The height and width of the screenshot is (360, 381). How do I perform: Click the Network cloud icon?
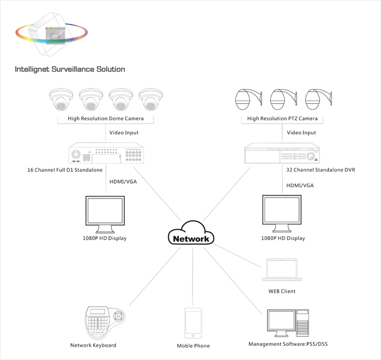click(x=192, y=236)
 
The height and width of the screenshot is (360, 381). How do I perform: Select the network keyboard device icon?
click(x=106, y=321)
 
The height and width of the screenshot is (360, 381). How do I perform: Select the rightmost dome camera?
click(x=150, y=100)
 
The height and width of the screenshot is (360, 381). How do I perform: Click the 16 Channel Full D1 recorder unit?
click(x=106, y=155)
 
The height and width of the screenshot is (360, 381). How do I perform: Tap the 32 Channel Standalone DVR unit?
click(x=282, y=155)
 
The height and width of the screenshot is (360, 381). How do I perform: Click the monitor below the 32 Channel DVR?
click(x=283, y=213)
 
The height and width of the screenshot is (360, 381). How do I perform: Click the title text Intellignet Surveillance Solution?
click(x=70, y=69)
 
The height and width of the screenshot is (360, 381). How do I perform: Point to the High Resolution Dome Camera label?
click(x=106, y=119)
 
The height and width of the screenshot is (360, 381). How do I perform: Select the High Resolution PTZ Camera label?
click(x=283, y=119)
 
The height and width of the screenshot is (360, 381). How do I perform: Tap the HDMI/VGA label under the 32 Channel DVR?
click(x=300, y=186)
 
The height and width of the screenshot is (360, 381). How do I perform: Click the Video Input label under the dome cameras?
click(x=124, y=133)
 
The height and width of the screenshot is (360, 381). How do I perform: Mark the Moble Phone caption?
click(x=193, y=346)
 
